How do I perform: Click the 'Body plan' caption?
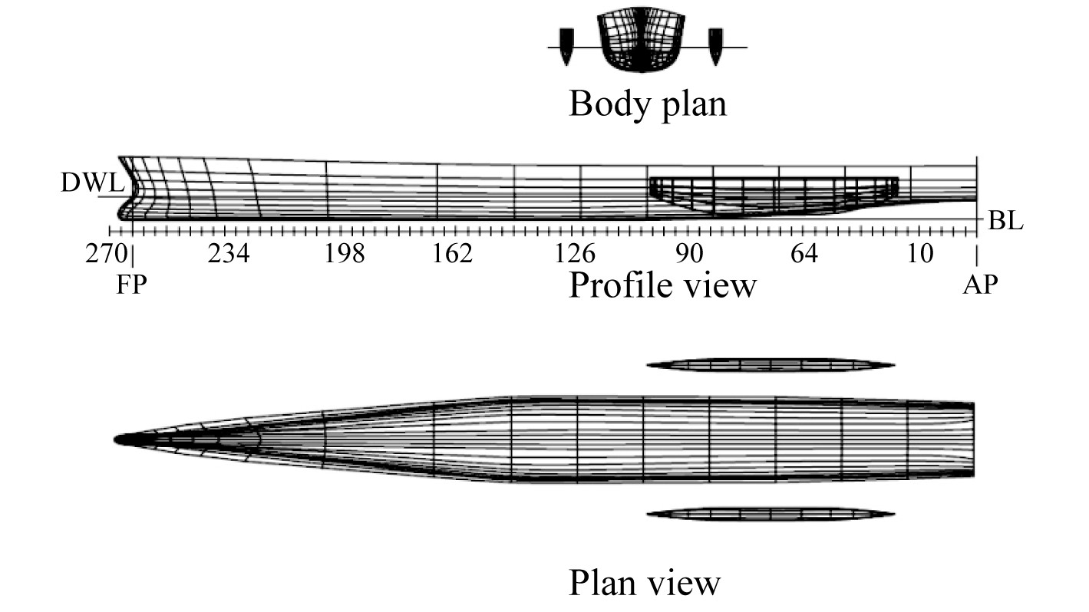click(647, 104)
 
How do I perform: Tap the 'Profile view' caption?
click(662, 286)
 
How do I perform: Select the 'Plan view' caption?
click(645, 583)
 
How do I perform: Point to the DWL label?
click(92, 184)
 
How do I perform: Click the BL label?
click(1006, 222)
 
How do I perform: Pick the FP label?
click(131, 285)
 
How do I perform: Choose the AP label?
click(981, 285)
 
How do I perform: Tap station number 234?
click(228, 254)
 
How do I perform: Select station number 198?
click(344, 254)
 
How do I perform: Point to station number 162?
click(452, 254)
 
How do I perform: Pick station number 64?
click(804, 254)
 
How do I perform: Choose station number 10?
click(920, 254)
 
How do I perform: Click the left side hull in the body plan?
click(566, 45)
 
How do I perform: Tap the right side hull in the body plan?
click(715, 45)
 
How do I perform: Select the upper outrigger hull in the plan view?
click(770, 365)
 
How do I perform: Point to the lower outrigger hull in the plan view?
click(770, 514)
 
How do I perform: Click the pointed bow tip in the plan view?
click(117, 439)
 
